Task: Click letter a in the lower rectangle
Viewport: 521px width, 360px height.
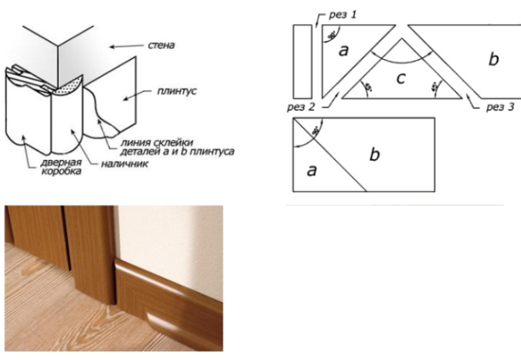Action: coord(312,170)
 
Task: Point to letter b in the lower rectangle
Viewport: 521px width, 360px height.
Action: coord(375,155)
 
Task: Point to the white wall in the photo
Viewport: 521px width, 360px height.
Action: coord(170,232)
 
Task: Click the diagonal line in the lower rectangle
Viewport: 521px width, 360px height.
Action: coord(329,154)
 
